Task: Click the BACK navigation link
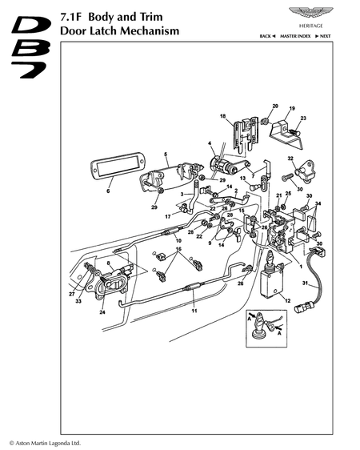267,36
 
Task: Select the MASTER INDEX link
295,36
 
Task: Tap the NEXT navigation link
322,36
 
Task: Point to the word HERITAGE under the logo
311,26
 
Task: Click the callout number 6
108,191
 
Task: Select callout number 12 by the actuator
288,300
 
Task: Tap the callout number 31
305,283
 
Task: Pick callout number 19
292,108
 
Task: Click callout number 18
223,116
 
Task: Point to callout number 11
194,311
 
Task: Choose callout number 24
102,312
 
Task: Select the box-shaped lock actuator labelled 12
272,283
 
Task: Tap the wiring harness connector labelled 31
310,281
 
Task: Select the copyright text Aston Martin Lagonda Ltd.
45,443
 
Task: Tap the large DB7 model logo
30,46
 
